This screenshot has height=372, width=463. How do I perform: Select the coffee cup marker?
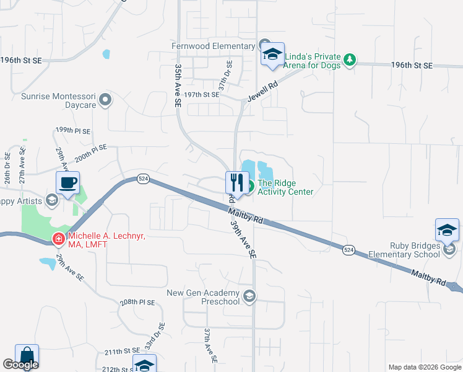67,183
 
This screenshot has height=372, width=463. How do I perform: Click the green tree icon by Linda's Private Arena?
350,59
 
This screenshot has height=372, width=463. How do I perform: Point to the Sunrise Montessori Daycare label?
59,101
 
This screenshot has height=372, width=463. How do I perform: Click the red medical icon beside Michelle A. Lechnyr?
58,238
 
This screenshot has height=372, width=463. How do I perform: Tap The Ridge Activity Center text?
285,187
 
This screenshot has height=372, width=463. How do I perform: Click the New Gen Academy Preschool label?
204,297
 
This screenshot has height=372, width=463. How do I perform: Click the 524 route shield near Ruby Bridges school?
349,249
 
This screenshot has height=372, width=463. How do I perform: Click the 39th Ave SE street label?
243,239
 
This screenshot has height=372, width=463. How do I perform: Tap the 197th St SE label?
202,95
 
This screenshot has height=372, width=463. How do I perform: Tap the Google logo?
20,365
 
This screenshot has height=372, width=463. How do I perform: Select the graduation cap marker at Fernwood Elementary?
272,54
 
